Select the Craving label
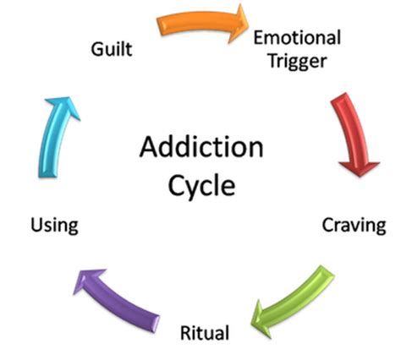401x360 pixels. pyautogui.click(x=353, y=225)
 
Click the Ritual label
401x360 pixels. pyautogui.click(x=204, y=332)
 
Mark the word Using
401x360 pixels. pyautogui.click(x=54, y=225)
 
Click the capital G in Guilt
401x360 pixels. pyautogui.click(x=97, y=49)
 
